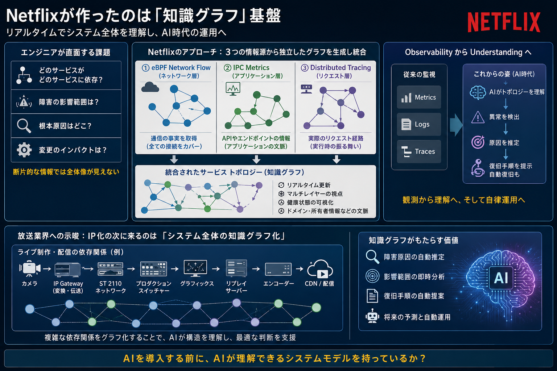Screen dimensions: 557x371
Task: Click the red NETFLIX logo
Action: click(x=504, y=22)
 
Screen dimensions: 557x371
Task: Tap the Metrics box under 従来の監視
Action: click(x=419, y=97)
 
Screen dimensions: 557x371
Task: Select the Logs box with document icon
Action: click(x=419, y=124)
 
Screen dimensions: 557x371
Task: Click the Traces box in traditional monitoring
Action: click(x=419, y=151)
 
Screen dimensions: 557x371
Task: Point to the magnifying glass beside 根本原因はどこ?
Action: click(x=24, y=126)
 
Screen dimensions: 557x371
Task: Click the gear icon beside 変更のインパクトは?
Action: click(x=24, y=150)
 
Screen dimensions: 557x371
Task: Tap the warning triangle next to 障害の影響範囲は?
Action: click(x=24, y=102)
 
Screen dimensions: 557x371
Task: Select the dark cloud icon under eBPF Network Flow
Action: click(x=150, y=87)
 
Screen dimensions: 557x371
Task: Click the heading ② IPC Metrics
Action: click(x=247, y=68)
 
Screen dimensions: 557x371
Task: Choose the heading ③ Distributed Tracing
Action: click(x=336, y=68)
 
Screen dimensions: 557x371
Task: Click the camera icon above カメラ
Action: click(x=30, y=268)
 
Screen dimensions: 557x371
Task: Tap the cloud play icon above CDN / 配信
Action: click(x=320, y=269)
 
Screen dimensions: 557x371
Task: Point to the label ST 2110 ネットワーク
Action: click(x=111, y=287)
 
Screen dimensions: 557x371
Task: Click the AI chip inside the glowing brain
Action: click(x=501, y=278)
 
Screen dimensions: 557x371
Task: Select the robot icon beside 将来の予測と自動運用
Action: click(x=372, y=316)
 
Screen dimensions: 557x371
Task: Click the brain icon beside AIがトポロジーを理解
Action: click(x=478, y=92)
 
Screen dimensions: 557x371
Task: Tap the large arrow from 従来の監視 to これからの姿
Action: click(x=456, y=125)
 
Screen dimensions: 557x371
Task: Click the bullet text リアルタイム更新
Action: click(x=309, y=185)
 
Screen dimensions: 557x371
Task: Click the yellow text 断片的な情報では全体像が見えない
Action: click(x=66, y=172)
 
